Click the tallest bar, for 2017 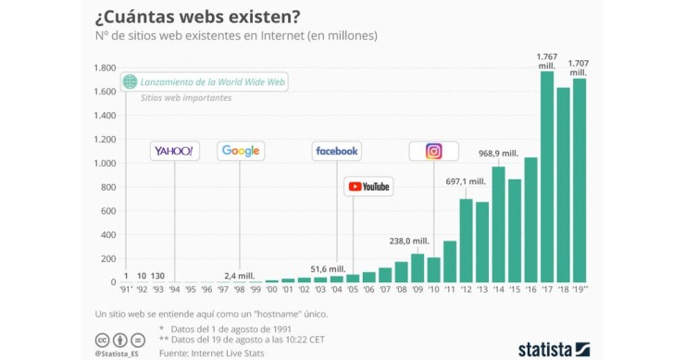coord(547,176)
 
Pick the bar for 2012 coord(466,241)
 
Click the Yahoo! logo coord(174,151)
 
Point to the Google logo coord(241,151)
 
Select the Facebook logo coord(337,151)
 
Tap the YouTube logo coord(368,187)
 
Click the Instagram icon coord(433,151)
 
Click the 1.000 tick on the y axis coord(103,164)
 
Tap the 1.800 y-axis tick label coord(103,68)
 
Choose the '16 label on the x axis coord(530,290)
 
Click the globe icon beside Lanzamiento coord(131,82)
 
